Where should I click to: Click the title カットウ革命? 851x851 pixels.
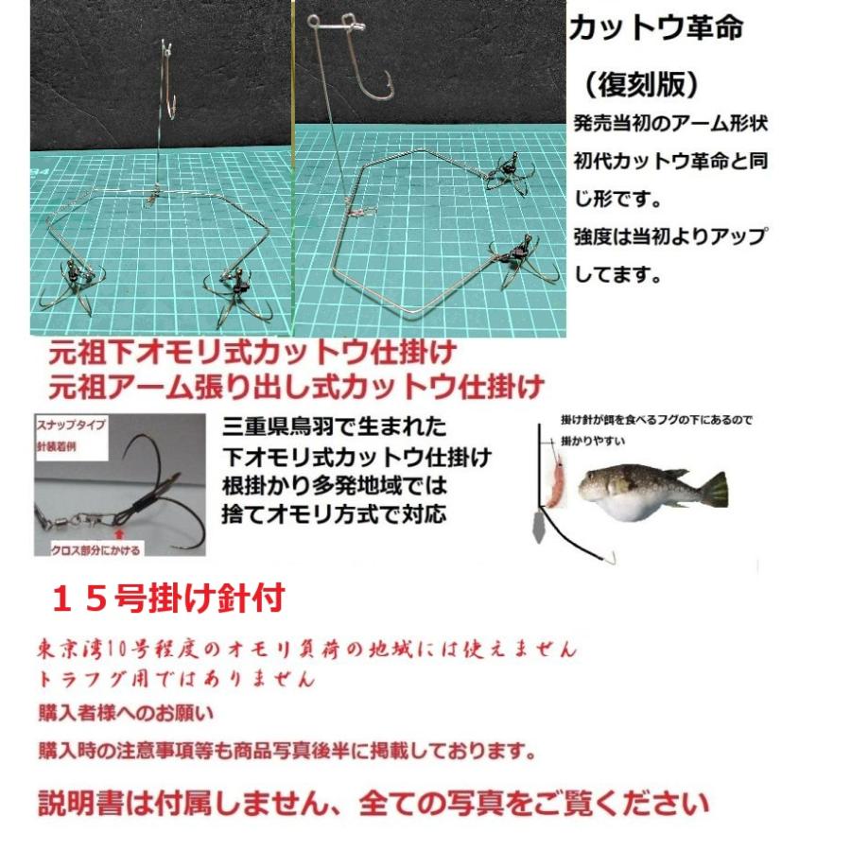pos(655,27)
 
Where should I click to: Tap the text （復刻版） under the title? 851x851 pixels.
pos(642,85)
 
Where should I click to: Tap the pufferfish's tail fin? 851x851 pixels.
pos(715,488)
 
